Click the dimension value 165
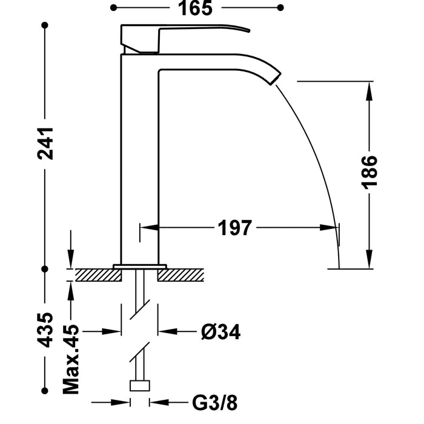[x=196, y=8]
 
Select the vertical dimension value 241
[x=46, y=144]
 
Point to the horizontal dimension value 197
[x=234, y=228]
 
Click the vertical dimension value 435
[x=46, y=330]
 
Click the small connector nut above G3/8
[x=141, y=386]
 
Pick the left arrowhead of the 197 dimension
[x=148, y=228]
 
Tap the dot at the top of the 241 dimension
[x=45, y=25]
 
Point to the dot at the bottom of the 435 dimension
[x=45, y=389]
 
